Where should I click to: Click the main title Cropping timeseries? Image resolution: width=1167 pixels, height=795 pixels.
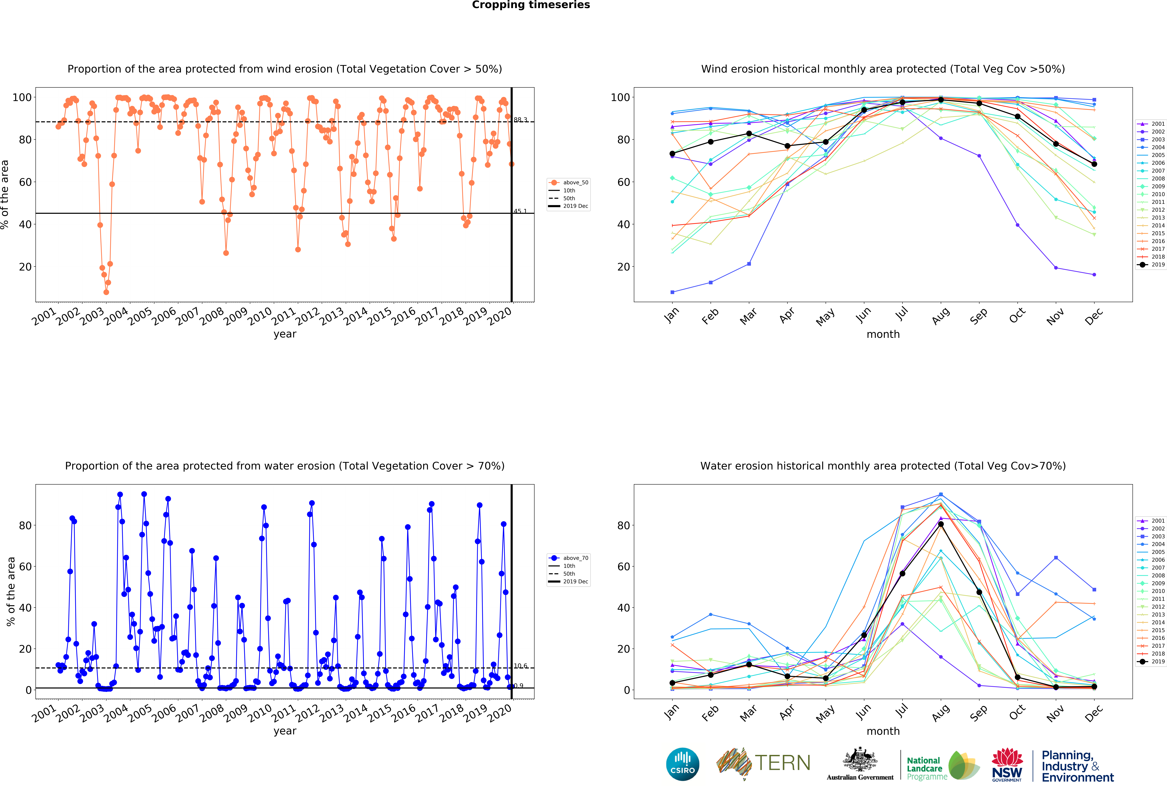click(x=531, y=5)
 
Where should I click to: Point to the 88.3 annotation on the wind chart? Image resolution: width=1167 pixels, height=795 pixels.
click(x=520, y=120)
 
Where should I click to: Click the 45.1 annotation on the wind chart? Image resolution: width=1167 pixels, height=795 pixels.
click(x=520, y=211)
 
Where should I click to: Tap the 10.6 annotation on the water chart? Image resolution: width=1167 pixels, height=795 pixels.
click(x=520, y=666)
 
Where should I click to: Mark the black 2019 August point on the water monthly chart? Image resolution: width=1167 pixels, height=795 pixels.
click(x=941, y=524)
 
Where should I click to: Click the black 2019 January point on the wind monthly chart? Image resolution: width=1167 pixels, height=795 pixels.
click(x=672, y=154)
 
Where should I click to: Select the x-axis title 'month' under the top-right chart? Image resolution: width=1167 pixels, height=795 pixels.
click(x=883, y=334)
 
